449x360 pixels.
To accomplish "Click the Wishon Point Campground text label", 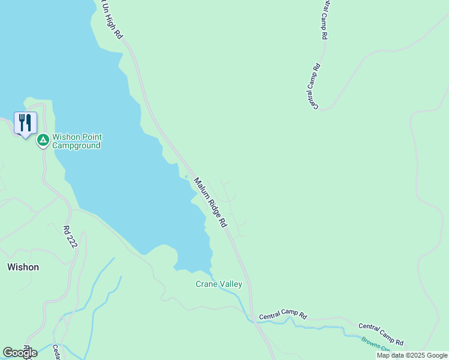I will click(x=76, y=141).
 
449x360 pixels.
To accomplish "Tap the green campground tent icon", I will click(x=43, y=140).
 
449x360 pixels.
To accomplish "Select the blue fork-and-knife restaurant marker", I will click(x=25, y=123).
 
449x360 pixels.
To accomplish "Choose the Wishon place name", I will click(x=23, y=267).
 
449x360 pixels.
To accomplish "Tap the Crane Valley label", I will click(x=218, y=284).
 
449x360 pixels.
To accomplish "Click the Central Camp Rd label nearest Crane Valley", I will click(x=283, y=316).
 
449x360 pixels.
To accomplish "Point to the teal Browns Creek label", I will click(x=377, y=344).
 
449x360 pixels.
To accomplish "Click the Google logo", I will click(x=20, y=353).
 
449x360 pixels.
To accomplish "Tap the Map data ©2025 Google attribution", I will click(x=412, y=355).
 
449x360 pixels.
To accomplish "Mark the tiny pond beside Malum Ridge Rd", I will click(x=187, y=176).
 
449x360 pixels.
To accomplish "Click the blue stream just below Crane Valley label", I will click(x=231, y=294).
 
